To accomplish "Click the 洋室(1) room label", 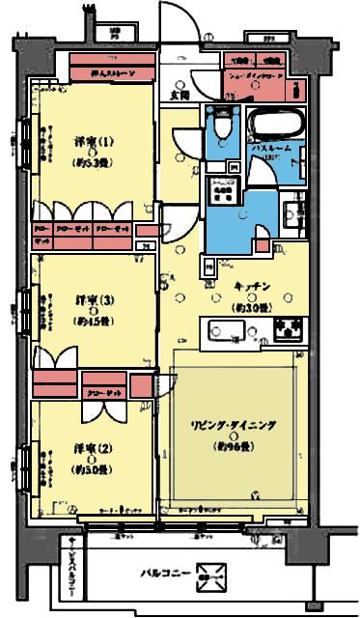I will click(x=94, y=142).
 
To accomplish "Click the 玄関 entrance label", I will click(x=180, y=95).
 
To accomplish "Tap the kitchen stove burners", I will click(x=287, y=331).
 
